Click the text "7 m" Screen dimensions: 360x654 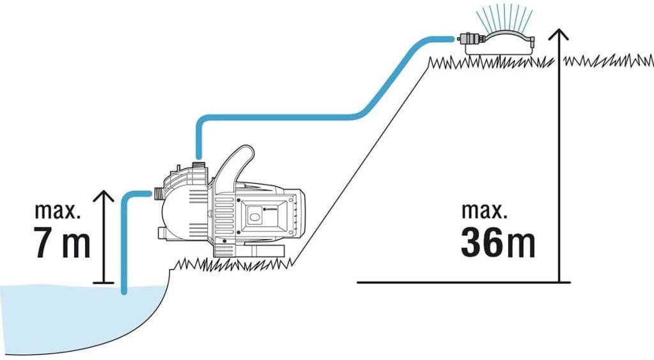63,242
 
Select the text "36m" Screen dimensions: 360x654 497,242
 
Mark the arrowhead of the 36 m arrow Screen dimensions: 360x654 559,34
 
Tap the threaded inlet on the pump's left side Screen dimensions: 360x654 156,192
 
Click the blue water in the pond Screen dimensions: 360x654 64,313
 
